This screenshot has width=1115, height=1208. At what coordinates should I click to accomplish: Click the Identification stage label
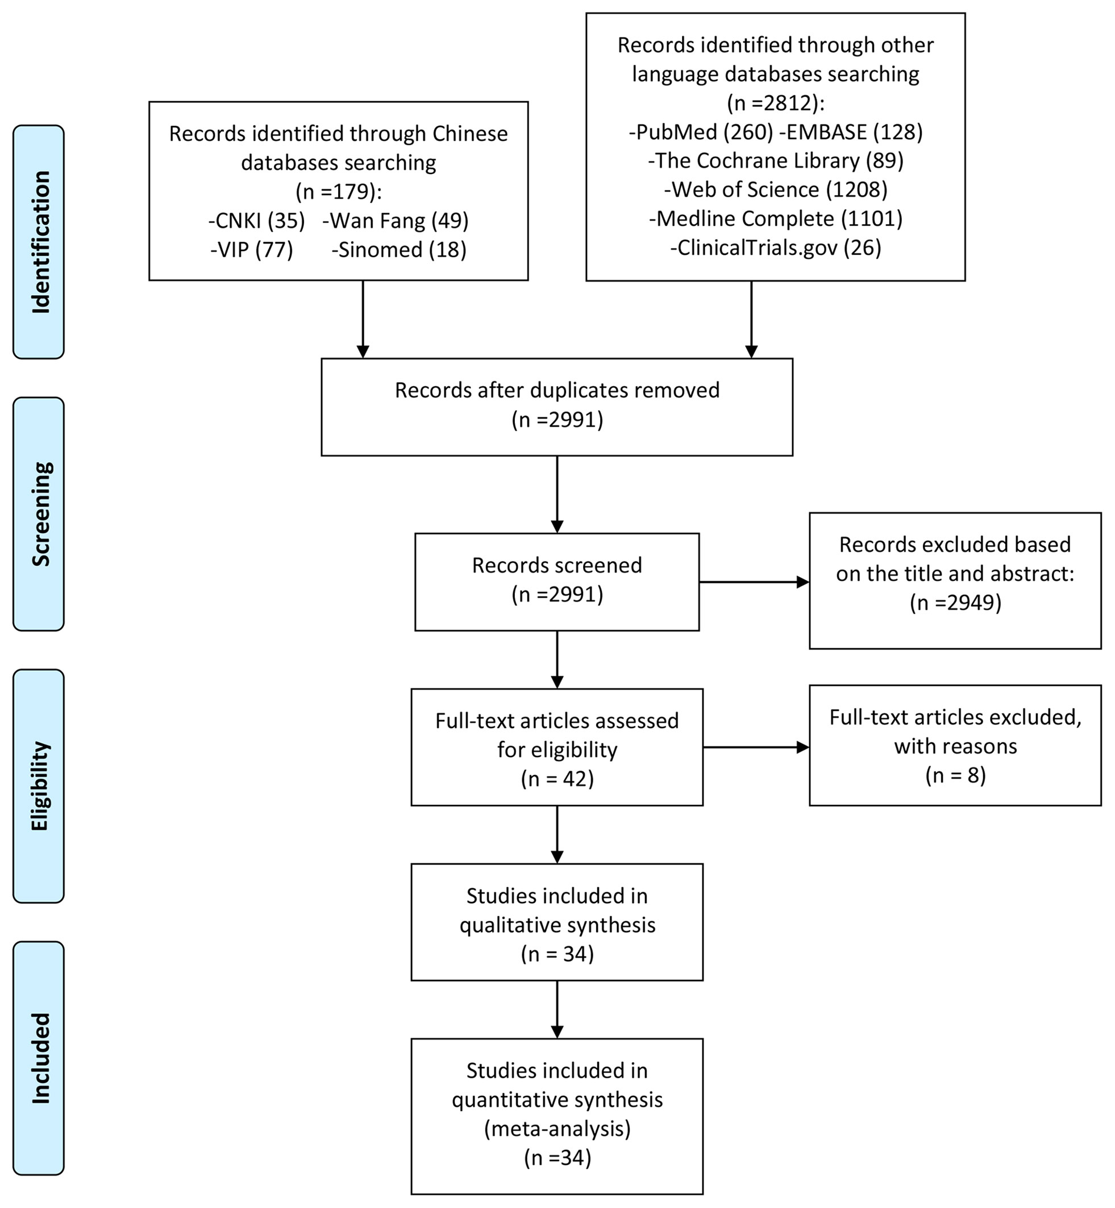[40, 242]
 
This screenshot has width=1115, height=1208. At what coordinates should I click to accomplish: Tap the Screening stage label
[40, 514]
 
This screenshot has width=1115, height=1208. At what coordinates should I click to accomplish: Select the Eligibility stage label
[40, 786]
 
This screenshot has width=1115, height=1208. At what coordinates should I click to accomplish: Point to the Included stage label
[40, 1058]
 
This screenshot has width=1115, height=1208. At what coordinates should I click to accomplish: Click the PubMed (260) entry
[701, 131]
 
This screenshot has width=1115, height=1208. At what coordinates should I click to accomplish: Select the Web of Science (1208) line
[776, 189]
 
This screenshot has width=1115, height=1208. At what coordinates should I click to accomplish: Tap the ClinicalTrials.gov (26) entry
[776, 247]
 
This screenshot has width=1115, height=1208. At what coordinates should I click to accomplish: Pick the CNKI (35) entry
[256, 221]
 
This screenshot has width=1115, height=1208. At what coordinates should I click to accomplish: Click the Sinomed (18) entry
[399, 250]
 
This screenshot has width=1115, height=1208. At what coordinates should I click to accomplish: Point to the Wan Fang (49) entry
[395, 221]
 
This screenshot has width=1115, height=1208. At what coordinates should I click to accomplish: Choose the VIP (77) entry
[252, 250]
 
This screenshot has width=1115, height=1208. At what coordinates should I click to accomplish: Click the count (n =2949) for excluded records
[956, 602]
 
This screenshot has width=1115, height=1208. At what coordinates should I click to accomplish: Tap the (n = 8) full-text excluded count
[956, 775]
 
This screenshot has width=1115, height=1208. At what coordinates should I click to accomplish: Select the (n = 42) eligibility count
[557, 779]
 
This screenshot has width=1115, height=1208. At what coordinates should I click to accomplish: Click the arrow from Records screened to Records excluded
[754, 582]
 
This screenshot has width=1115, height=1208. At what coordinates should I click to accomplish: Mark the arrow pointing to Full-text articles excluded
[756, 747]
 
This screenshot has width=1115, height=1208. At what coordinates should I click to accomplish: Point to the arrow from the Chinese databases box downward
[363, 320]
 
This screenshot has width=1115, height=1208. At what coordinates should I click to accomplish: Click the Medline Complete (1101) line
[776, 218]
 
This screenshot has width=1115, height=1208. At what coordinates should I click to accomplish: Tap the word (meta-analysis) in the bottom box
[557, 1128]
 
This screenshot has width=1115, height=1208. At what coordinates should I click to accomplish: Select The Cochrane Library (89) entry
[776, 160]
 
